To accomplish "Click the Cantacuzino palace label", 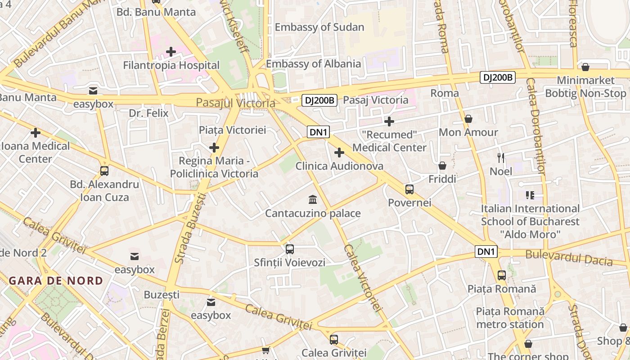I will pos(313,213).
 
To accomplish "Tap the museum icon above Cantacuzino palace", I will pos(312,199).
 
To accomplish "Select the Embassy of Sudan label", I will pos(319,27).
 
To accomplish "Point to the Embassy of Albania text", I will pos(313,64).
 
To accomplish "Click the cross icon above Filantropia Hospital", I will pos(171,52).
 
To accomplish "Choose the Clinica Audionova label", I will pos(339,166).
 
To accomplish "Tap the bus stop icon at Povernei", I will pos(409,189).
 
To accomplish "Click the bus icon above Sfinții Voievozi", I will pos(290,249).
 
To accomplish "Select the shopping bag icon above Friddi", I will pos(442,166).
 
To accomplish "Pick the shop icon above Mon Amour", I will pos(468,119).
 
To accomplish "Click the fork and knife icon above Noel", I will pos(501,157).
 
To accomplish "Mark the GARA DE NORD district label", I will pos(56,281).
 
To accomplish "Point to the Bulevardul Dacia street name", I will pos(569,258).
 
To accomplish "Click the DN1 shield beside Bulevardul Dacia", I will pos(486,252).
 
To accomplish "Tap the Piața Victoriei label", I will pos(233,130).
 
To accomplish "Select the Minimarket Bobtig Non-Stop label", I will pos(585,87).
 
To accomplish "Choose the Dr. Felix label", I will pos(148,113).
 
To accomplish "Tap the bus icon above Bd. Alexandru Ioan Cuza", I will pos(104,171).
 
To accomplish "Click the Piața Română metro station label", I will pos(510,318).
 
